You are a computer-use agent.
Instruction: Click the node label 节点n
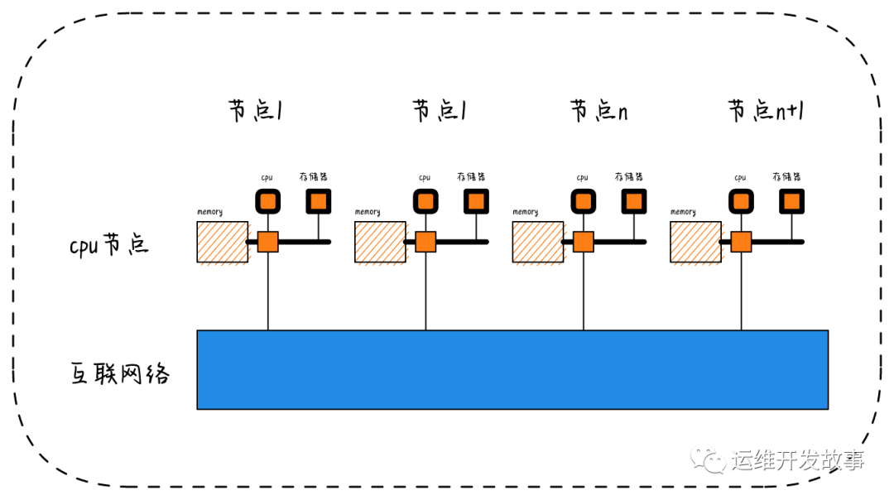click(598, 111)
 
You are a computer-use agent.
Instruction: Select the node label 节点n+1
click(766, 111)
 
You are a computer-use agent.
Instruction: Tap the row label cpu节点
click(109, 245)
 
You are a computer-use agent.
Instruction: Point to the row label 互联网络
click(120, 373)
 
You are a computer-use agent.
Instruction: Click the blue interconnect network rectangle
click(512, 369)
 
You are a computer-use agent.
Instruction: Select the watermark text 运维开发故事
click(798, 460)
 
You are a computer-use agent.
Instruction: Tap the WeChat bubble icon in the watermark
click(709, 459)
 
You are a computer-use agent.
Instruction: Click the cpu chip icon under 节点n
click(583, 201)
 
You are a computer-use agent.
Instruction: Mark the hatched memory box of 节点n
click(538, 242)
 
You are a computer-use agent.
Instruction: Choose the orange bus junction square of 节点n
click(583, 242)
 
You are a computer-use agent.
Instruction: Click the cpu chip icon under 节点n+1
click(741, 201)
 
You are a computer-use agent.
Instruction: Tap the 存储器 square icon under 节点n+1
click(792, 201)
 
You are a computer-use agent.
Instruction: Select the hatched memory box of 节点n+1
click(695, 242)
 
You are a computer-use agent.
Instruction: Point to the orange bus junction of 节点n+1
click(741, 242)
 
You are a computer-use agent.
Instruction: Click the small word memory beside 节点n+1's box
click(683, 212)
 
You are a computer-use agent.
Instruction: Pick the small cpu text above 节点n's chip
click(582, 177)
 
